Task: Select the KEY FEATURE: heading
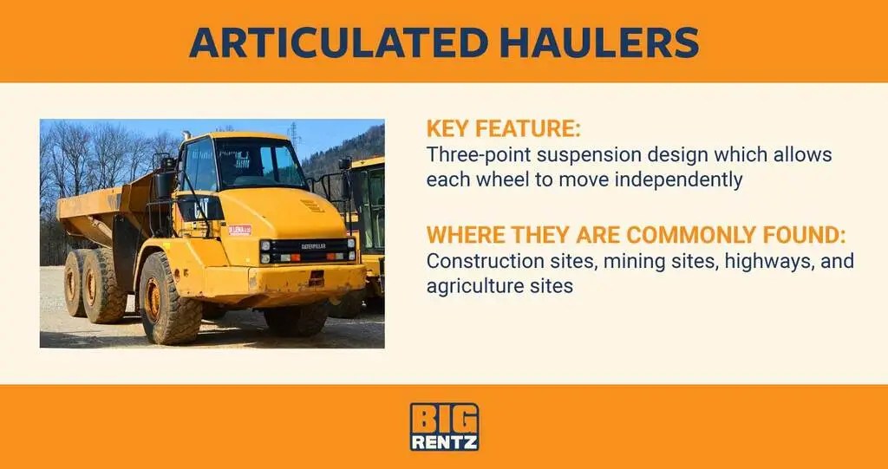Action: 503,130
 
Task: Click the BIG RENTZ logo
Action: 444,427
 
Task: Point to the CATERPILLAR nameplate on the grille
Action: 313,246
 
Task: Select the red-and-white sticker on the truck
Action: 239,230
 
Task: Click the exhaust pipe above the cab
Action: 186,136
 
